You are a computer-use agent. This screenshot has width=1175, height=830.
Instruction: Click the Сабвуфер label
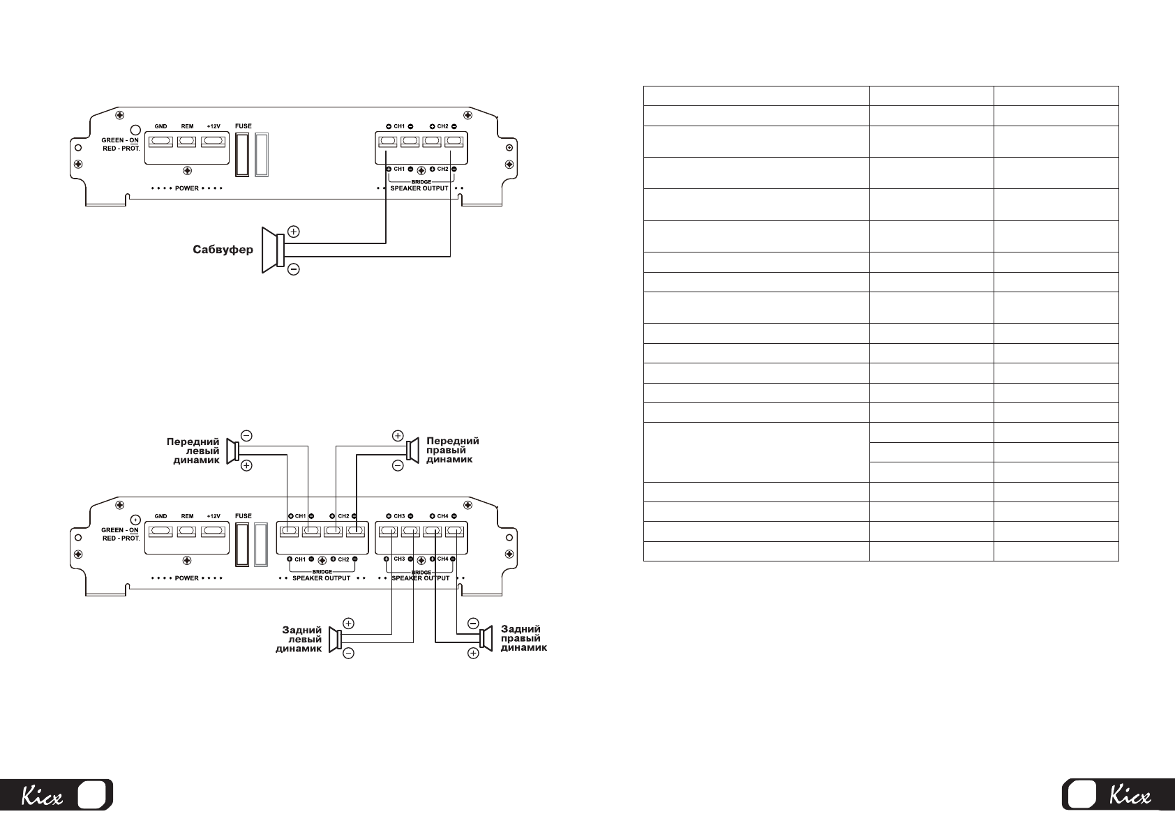(223, 250)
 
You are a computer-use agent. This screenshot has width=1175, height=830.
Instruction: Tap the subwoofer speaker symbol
(273, 249)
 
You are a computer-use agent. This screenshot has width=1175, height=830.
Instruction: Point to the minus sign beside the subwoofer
(294, 269)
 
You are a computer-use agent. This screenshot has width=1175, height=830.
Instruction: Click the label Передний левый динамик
(193, 451)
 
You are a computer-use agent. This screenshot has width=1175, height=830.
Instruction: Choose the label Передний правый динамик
(452, 450)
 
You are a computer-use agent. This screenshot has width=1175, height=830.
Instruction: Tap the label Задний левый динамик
(299, 639)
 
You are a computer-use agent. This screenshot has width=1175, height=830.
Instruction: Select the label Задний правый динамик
(523, 638)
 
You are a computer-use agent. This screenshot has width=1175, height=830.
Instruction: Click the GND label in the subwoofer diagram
(160, 127)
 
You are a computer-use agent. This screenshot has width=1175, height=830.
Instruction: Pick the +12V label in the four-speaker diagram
(213, 516)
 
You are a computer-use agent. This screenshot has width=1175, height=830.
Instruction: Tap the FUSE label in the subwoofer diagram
(244, 126)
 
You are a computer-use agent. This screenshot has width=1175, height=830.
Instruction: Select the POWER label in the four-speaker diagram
(187, 578)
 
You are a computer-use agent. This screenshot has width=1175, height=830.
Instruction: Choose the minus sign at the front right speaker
(397, 465)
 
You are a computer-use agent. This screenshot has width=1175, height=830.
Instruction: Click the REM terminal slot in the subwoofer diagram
(187, 142)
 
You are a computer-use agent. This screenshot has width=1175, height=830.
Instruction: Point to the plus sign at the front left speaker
(246, 465)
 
